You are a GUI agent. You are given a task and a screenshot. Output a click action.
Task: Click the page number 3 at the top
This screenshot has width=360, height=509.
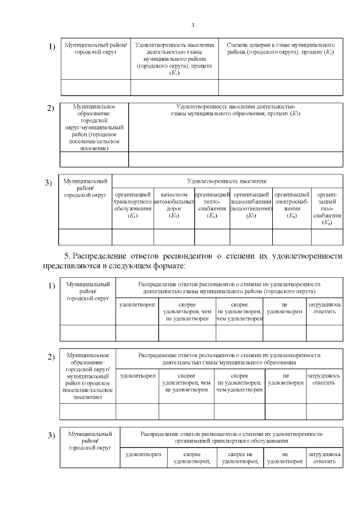tap(192, 25)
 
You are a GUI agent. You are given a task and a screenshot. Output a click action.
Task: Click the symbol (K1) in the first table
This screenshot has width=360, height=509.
tap(174, 73)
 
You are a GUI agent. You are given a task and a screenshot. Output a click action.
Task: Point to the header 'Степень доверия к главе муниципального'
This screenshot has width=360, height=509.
tap(281, 44)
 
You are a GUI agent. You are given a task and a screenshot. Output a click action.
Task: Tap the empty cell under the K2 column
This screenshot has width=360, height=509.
tap(280, 87)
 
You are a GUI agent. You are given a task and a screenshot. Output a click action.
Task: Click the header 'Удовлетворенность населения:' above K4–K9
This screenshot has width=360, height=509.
tap(227, 181)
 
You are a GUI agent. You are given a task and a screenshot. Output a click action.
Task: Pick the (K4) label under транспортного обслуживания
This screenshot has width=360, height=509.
tap(133, 216)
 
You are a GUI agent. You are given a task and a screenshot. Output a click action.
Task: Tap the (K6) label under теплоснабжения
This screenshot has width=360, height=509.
tap(212, 216)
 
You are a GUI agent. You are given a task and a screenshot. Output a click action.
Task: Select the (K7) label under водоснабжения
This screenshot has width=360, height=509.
tap(251, 216)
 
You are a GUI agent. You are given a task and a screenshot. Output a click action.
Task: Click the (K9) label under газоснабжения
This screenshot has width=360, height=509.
tap(327, 223)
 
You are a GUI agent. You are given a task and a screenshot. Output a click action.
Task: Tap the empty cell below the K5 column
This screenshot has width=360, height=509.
tap(174, 237)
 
